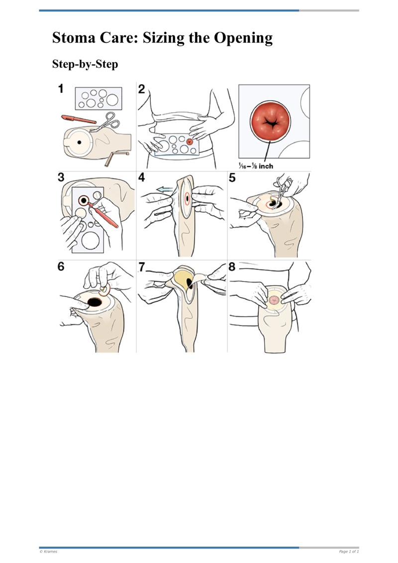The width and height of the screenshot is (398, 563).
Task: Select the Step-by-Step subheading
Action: [x=85, y=65]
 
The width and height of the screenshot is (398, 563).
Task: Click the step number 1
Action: [x=61, y=90]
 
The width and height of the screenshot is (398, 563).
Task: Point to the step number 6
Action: [x=61, y=266]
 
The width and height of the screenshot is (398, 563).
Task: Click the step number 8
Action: [x=232, y=266]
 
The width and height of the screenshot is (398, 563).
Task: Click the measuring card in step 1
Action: [x=99, y=98]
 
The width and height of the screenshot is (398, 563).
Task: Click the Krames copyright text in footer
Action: [x=48, y=552]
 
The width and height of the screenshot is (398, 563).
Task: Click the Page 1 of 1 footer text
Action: [x=349, y=552]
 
